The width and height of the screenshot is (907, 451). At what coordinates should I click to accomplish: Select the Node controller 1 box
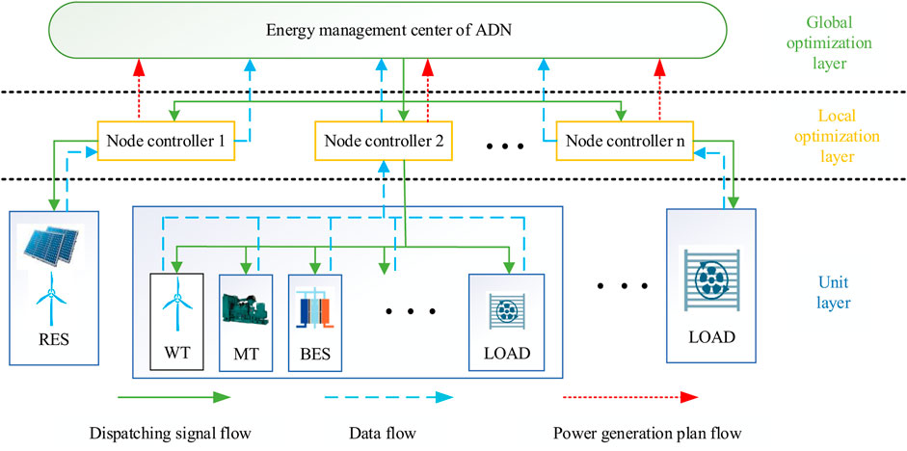click(x=161, y=141)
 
